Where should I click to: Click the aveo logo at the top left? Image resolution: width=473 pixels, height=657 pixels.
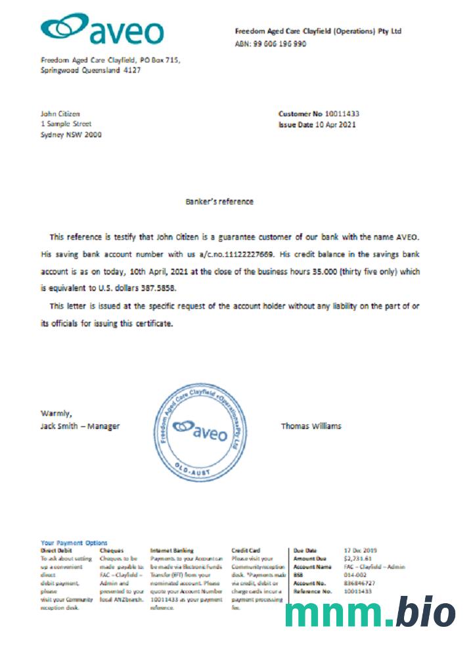[x=102, y=30]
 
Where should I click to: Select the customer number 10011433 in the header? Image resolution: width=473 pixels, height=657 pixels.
[x=340, y=114]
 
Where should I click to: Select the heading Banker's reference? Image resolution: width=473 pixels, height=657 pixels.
[x=219, y=202]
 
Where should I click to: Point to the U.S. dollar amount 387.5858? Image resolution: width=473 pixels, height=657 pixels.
[x=157, y=288]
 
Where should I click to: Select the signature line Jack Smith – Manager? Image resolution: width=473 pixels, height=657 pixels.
[x=80, y=426]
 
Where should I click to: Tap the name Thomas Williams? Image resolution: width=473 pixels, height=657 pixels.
[x=311, y=426]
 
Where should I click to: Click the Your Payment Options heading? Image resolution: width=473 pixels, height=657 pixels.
[x=74, y=543]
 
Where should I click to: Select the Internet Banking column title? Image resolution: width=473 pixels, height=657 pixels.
[x=171, y=550]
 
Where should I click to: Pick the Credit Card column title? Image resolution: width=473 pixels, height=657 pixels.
[x=246, y=550]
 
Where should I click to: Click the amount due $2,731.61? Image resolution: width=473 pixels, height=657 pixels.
[x=357, y=558]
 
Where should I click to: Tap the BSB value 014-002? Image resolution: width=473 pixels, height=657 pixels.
[x=355, y=574]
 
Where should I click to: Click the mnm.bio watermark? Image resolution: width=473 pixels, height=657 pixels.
[x=370, y=613]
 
